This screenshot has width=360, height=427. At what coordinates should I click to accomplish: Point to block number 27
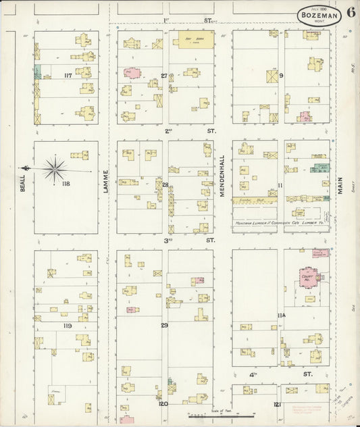pos(164,75)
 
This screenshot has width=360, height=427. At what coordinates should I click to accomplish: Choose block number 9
pos(281,76)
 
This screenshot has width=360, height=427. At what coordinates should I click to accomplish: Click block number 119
pos(68,326)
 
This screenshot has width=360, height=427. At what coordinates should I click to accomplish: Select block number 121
pos(278,404)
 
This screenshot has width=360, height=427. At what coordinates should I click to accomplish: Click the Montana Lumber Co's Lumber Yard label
pos(276,222)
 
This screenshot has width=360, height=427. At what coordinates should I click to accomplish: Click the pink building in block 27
pos(134,73)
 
